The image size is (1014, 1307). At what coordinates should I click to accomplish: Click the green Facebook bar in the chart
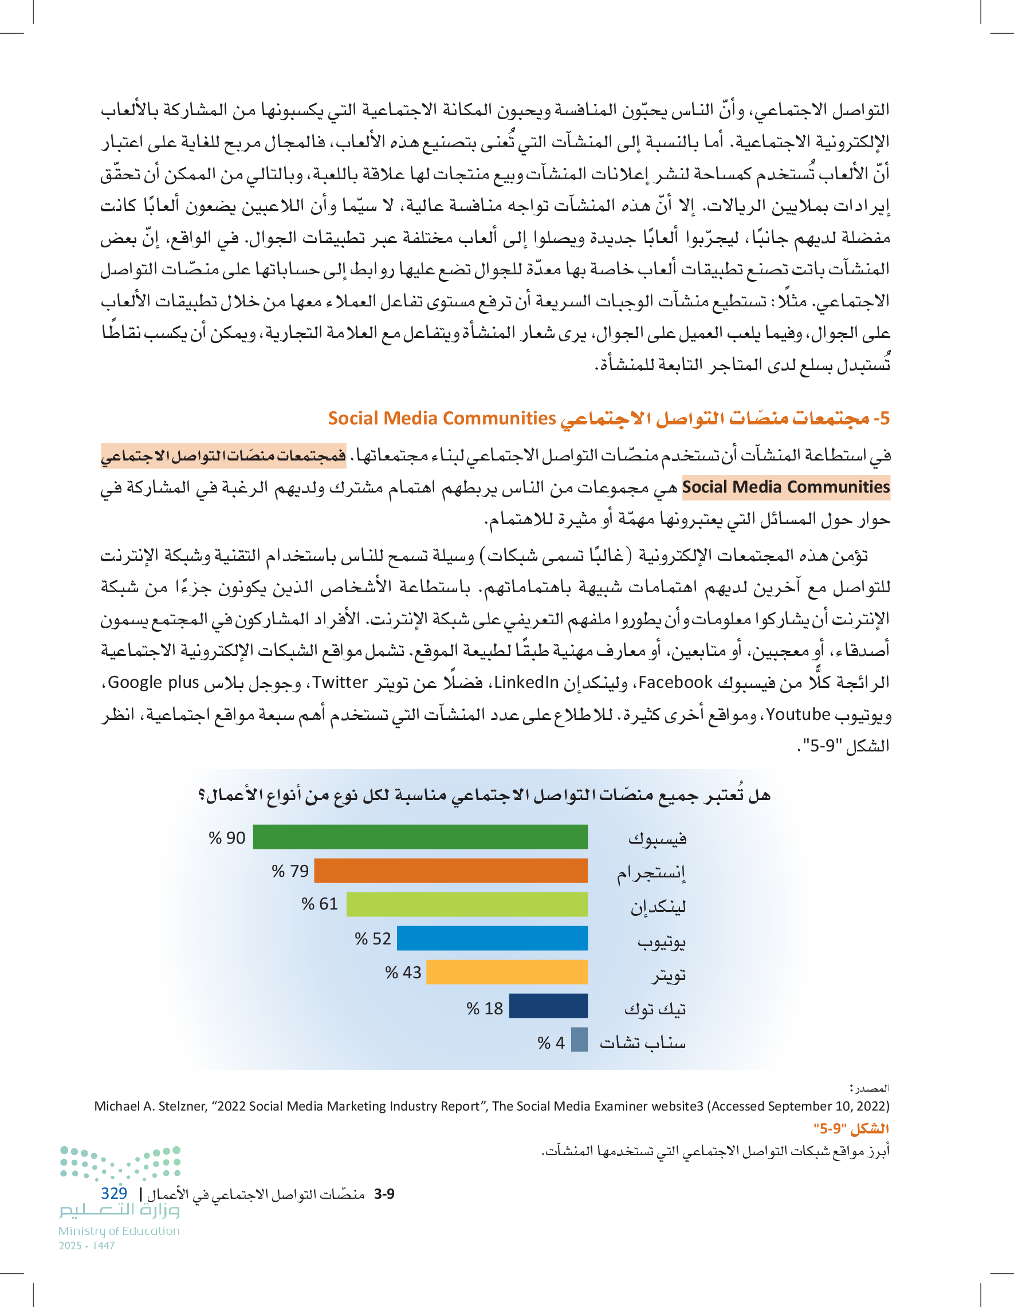[419, 837]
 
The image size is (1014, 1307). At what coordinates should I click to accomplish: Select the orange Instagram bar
[450, 871]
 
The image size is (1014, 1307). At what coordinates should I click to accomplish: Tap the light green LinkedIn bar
[466, 904]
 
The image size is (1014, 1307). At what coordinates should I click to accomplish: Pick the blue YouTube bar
[492, 938]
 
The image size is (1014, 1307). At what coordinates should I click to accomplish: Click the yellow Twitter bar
[506, 972]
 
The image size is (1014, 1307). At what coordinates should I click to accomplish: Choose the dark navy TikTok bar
[548, 1006]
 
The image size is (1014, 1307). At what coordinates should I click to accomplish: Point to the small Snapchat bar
[579, 1040]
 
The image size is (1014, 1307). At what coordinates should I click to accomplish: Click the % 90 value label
[227, 838]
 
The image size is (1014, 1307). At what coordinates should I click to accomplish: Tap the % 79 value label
[290, 871]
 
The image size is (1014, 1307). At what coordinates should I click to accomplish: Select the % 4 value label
[551, 1043]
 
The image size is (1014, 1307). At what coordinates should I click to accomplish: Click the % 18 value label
[484, 1009]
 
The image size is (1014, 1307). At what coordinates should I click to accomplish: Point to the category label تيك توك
[655, 1009]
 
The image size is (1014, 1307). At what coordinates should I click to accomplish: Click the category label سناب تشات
[643, 1043]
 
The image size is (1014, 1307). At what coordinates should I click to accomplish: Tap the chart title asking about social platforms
[484, 796]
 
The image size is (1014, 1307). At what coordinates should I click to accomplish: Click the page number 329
[114, 1193]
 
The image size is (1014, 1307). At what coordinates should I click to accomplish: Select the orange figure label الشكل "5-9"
[851, 1129]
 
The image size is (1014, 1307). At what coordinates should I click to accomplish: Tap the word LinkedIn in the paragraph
[526, 682]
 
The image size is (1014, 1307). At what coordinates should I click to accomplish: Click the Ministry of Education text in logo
[119, 1231]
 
